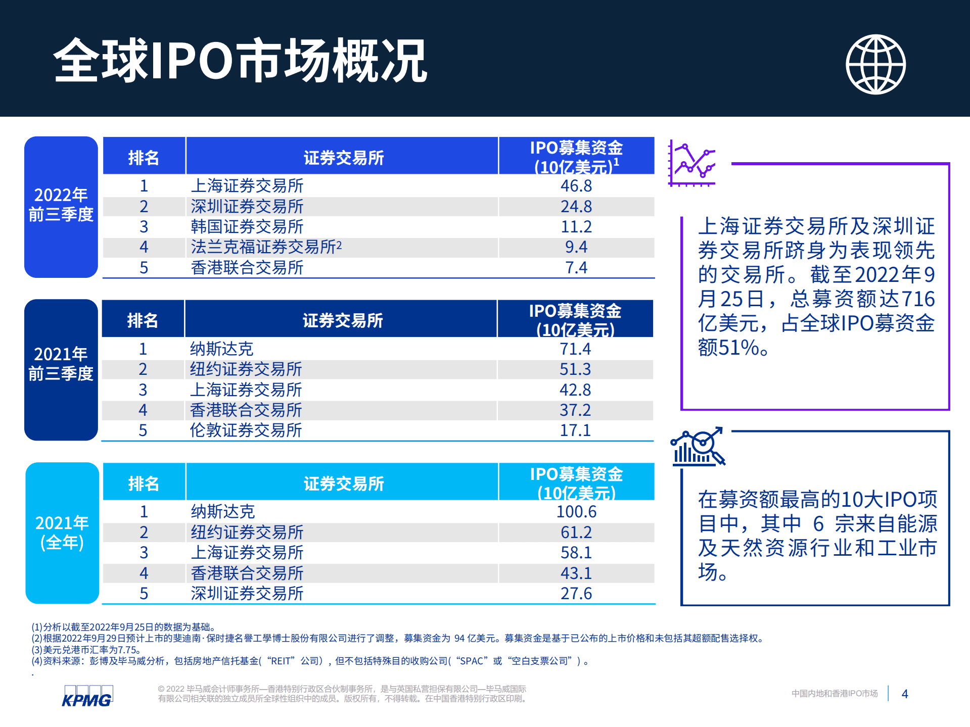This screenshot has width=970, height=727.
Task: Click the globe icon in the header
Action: pos(875,64)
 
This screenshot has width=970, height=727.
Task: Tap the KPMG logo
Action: pos(87,696)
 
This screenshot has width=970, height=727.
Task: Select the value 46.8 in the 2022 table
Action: pos(576,186)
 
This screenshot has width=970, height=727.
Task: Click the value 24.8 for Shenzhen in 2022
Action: pos(576,207)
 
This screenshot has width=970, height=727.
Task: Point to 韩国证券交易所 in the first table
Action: pos(247,227)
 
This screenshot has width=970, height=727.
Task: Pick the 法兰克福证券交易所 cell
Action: pos(266,247)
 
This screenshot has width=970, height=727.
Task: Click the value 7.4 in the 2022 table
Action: pos(576,268)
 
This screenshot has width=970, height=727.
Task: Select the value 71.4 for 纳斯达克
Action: pos(575,349)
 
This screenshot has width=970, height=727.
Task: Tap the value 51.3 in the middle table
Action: pos(575,369)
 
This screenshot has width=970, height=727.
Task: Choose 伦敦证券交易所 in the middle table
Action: pos(246,430)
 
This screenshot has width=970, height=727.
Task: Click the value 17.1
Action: pos(575,430)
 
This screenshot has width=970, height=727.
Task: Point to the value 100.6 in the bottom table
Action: pos(576,512)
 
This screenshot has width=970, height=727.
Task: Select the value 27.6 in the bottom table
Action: pos(576,594)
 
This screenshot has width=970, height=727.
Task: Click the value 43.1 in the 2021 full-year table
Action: pos(576,573)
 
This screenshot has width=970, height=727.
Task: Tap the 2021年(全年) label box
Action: pos(62,532)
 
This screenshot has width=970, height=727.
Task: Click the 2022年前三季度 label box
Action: pos(61,206)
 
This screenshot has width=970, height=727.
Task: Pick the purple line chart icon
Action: pos(692,163)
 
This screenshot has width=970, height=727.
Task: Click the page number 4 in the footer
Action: pos(904,694)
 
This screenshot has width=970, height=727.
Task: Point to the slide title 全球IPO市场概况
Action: pos(240,61)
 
